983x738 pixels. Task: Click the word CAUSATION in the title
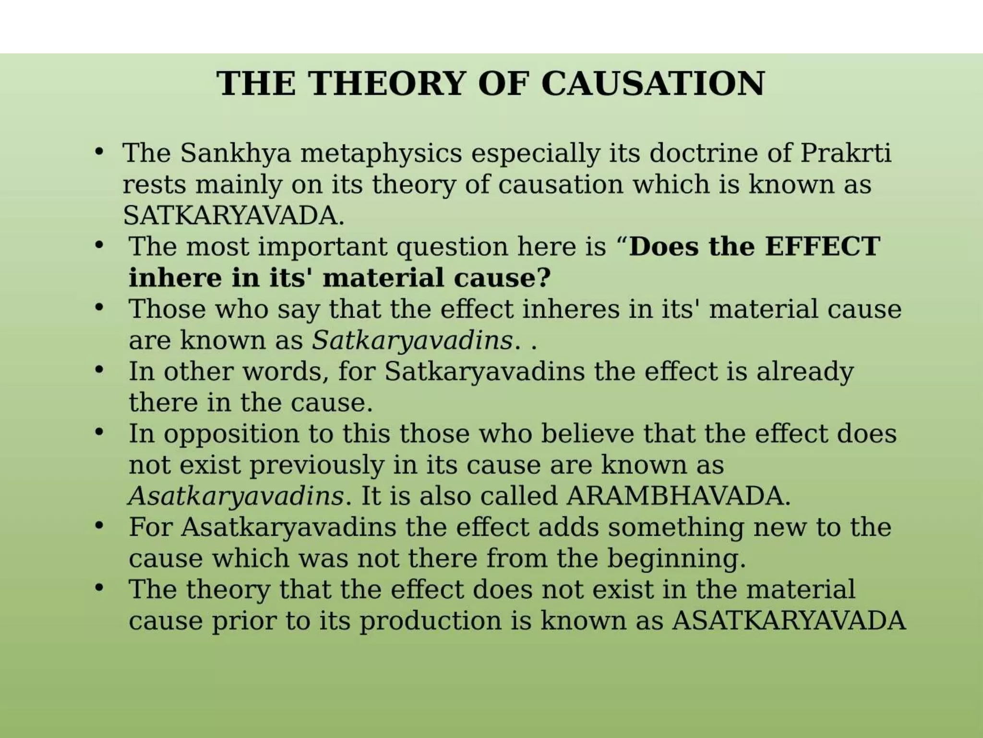click(x=653, y=84)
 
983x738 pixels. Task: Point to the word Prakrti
click(x=846, y=153)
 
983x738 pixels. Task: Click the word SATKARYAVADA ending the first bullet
click(x=234, y=216)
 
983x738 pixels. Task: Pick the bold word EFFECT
click(x=822, y=246)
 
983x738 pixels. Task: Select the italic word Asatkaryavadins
click(x=236, y=496)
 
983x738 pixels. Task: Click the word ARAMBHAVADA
click(x=678, y=496)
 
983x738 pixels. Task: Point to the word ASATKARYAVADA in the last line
click(x=789, y=621)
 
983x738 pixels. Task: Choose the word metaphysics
click(x=381, y=153)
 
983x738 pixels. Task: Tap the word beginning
click(x=677, y=558)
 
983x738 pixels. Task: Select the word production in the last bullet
click(x=431, y=621)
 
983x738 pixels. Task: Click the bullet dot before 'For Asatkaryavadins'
click(x=99, y=526)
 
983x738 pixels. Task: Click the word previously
click(x=317, y=465)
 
